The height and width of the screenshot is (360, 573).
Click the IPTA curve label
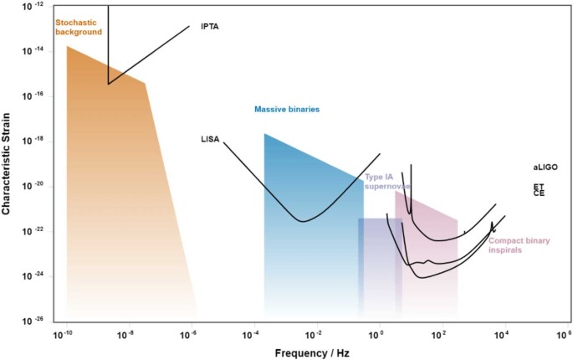210,27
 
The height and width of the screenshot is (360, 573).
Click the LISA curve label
210,139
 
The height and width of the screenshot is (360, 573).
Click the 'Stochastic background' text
78,26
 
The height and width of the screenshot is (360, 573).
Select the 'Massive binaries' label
287,110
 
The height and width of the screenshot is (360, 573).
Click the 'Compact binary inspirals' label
519,245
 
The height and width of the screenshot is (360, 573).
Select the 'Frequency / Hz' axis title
312,353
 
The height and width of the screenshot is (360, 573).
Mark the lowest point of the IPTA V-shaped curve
108,84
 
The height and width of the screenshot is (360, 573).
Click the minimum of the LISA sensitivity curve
301,221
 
